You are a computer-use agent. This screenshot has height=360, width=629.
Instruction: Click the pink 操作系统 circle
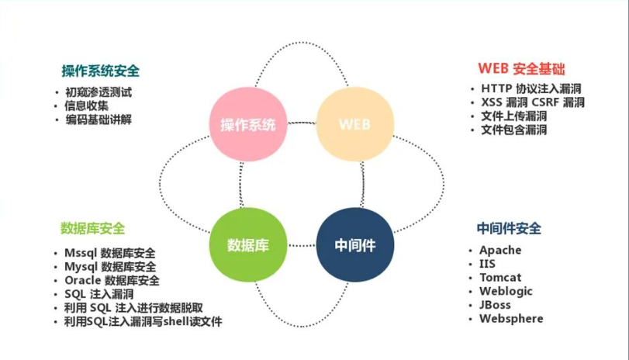pyautogui.click(x=247, y=124)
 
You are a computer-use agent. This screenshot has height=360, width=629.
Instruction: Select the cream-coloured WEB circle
pyautogui.click(x=354, y=124)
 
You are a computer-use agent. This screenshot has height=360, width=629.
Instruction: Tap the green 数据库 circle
pyautogui.click(x=247, y=245)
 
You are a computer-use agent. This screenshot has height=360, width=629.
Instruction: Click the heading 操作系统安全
pyautogui.click(x=101, y=71)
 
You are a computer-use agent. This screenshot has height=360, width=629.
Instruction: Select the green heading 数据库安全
pyautogui.click(x=92, y=228)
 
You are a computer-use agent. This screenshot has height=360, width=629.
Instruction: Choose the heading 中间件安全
pyautogui.click(x=509, y=228)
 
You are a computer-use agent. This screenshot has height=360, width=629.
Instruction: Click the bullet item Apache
pyautogui.click(x=500, y=251)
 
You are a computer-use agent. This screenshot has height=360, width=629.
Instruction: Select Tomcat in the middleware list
pyautogui.click(x=500, y=278)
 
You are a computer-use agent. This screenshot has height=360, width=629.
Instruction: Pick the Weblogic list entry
pyautogui.click(x=505, y=291)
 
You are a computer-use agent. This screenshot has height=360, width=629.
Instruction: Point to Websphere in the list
pyautogui.click(x=511, y=319)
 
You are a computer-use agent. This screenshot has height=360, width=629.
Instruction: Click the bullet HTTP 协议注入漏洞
pyautogui.click(x=531, y=88)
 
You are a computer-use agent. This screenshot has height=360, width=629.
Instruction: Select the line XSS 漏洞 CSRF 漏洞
pyautogui.click(x=532, y=102)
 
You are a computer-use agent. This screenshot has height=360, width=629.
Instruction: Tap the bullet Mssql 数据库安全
pyautogui.click(x=110, y=253)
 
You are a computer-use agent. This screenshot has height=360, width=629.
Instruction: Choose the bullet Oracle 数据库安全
pyautogui.click(x=112, y=280)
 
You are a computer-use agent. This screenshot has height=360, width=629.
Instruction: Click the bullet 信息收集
pyautogui.click(x=87, y=106)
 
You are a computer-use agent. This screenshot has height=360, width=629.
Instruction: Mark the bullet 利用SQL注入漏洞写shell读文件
pyautogui.click(x=143, y=321)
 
